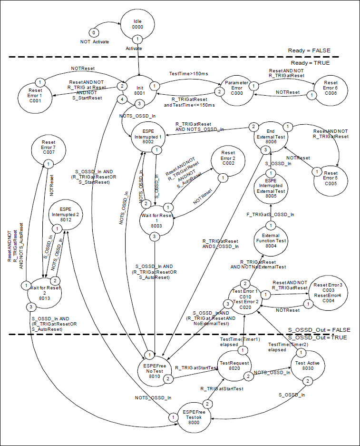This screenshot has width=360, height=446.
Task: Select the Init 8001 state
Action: point(139,90)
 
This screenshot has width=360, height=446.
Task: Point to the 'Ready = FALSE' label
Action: point(309,50)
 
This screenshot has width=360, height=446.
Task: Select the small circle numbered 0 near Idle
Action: point(94,32)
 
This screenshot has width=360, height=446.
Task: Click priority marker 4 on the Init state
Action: point(123,99)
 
